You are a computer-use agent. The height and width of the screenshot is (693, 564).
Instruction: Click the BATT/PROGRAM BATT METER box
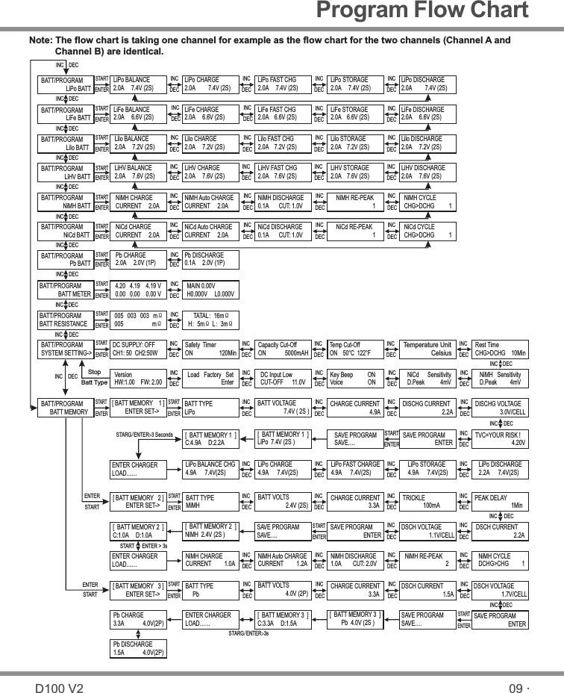click(65, 289)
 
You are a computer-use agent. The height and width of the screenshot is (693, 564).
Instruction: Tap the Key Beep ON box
click(355, 378)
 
